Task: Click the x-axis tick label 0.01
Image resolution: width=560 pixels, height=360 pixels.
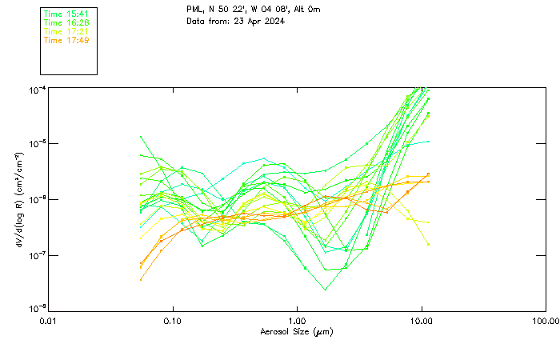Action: click(x=49, y=320)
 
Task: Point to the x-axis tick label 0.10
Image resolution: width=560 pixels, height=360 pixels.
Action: click(x=173, y=320)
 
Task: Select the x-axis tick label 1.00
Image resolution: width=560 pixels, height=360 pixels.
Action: click(x=297, y=320)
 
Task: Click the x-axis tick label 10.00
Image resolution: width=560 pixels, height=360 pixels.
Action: click(x=421, y=320)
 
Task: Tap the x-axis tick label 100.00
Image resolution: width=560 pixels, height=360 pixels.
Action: click(x=546, y=320)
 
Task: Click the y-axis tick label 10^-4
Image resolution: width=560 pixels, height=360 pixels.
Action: click(x=37, y=90)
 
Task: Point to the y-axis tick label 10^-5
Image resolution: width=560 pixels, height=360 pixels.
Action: click(x=37, y=145)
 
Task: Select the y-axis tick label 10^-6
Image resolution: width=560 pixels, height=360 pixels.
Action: click(x=37, y=200)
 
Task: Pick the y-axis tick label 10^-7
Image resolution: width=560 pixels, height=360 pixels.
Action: click(x=37, y=255)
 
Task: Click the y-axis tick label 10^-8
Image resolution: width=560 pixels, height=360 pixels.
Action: click(x=37, y=310)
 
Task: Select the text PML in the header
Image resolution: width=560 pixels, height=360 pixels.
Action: click(x=194, y=10)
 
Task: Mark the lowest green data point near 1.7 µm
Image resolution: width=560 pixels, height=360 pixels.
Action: click(x=326, y=289)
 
